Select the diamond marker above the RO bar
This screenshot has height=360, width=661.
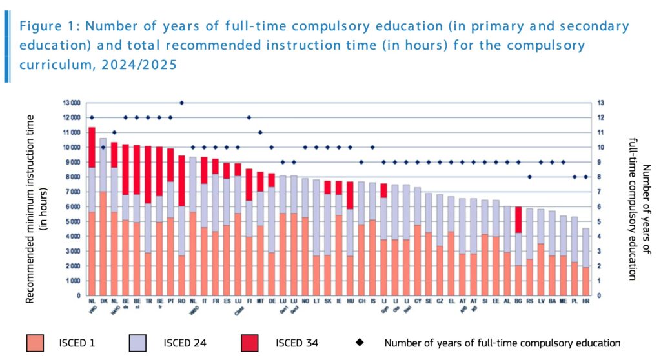click(x=181, y=103)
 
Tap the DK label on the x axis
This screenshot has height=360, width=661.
click(x=103, y=301)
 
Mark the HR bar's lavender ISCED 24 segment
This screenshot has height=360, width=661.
click(x=585, y=248)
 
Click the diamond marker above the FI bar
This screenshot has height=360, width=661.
click(x=249, y=117)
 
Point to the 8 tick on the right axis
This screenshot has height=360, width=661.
click(x=600, y=177)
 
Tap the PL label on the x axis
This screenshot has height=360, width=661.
click(x=575, y=301)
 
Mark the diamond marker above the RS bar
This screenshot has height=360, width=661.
click(x=529, y=177)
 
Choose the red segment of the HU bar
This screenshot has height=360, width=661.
click(x=350, y=195)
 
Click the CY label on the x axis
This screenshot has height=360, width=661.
click(x=417, y=301)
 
